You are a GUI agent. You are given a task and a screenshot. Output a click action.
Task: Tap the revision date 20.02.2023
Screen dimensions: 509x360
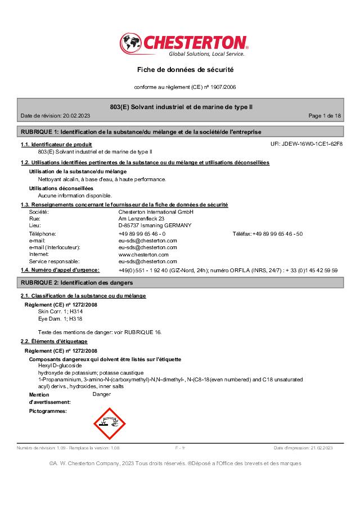(76, 115)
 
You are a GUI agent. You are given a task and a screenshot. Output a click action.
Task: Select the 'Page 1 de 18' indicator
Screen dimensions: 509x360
(325, 115)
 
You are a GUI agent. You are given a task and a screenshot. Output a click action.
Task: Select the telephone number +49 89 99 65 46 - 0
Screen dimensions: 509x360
(142, 233)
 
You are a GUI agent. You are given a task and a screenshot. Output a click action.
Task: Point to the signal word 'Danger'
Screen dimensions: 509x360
(101, 394)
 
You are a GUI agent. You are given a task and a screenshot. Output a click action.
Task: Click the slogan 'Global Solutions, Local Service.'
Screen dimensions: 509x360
(207, 54)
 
